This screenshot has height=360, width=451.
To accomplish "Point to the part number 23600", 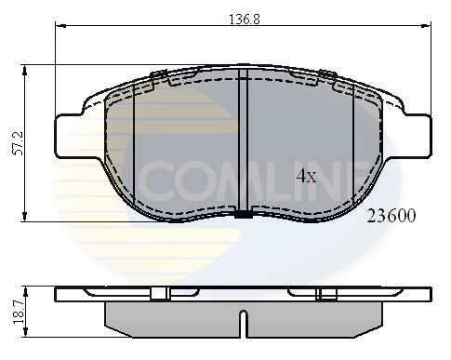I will click(391, 216).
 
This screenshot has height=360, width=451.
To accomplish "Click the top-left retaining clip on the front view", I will click(158, 76).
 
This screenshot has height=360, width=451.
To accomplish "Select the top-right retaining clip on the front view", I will click(325, 76).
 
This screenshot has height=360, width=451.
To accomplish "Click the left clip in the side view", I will click(160, 294).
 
